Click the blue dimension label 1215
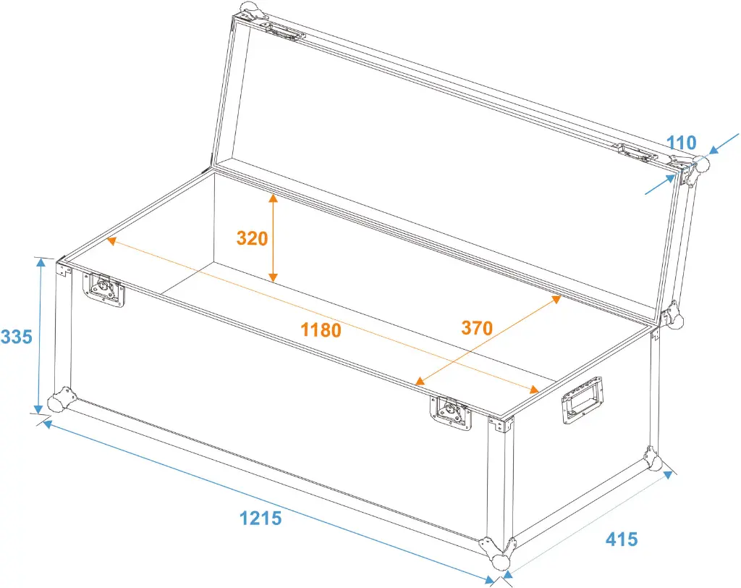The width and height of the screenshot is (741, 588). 261,518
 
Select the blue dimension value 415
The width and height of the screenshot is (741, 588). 622,539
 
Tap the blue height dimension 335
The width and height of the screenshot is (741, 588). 17,337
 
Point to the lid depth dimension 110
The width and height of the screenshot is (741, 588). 682,143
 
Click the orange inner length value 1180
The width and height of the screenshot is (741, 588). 321,329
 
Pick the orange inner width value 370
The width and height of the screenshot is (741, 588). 477,328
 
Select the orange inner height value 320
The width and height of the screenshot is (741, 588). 253,238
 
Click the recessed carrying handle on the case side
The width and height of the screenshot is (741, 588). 582,400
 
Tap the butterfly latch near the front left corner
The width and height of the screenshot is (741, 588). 103,288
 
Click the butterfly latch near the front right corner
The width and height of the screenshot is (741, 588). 451,413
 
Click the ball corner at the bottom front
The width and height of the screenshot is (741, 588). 498,553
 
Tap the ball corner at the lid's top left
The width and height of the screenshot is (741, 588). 251,9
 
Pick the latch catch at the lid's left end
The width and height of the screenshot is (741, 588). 284,32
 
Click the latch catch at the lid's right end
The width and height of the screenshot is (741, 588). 638,153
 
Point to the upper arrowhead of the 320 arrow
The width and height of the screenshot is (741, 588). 273,198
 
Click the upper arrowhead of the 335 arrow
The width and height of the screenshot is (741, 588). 41,264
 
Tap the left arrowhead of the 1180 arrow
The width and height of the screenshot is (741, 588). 111,241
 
